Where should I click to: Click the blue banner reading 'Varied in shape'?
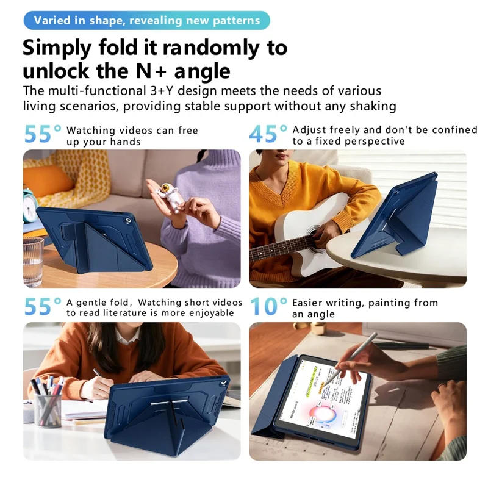pyautogui.click(x=146, y=21)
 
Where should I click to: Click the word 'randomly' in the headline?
pyautogui.click(x=211, y=48)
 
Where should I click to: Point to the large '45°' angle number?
pyautogui.click(x=268, y=134)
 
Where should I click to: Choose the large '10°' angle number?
pyautogui.click(x=268, y=306)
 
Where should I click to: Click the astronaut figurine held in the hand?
pyautogui.click(x=168, y=195)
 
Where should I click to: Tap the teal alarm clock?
pyautogui.click(x=29, y=206)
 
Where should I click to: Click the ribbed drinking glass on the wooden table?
pyautogui.click(x=33, y=261)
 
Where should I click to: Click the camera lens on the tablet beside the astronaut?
pyautogui.click(x=128, y=221)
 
